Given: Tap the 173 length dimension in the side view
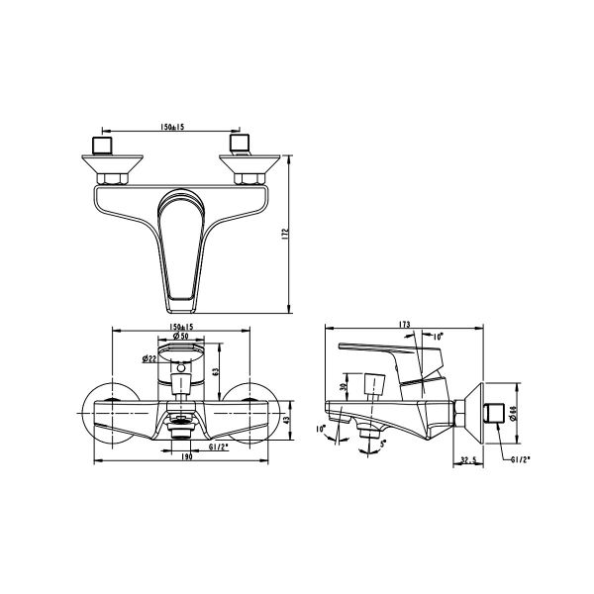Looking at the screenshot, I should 407,324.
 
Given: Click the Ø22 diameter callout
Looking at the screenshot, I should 148,357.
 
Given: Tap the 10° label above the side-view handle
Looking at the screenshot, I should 438,337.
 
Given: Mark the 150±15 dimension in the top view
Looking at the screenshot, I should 173,127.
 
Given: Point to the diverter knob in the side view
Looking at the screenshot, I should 374,386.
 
